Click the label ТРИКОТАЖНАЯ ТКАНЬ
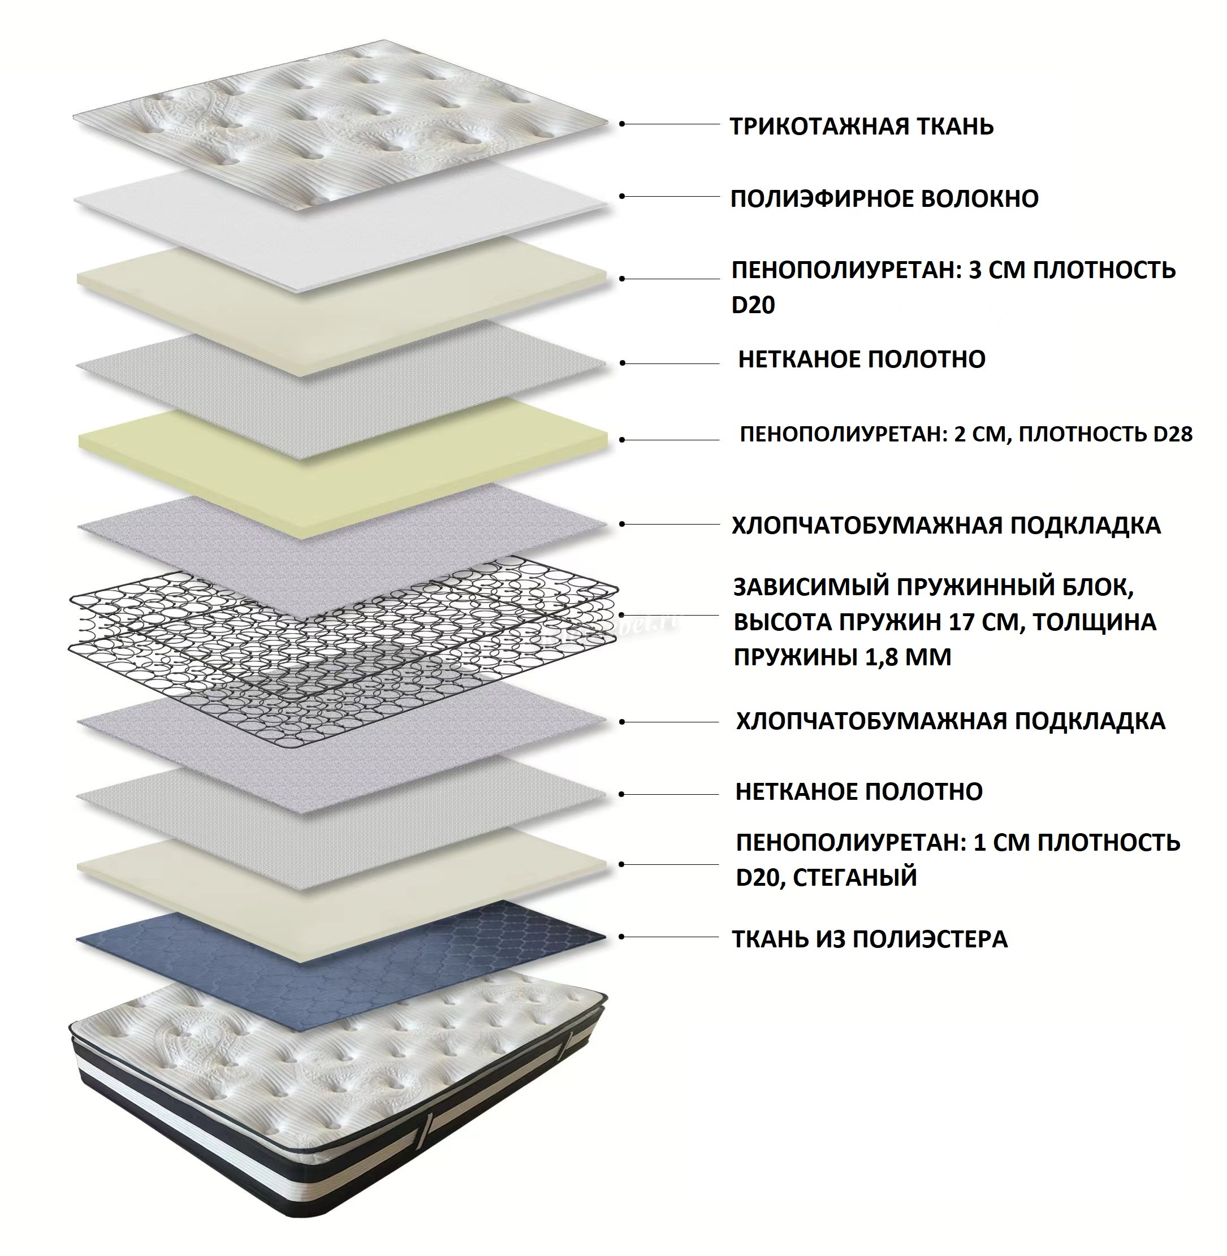coord(862,126)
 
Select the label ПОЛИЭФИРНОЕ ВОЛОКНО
coord(884,198)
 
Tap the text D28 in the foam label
coord(1173,434)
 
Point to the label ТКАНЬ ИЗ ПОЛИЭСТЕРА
coord(869,939)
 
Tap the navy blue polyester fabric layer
coord(341,937)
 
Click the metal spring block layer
coord(343,644)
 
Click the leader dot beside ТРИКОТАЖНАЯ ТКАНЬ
coord(622,124)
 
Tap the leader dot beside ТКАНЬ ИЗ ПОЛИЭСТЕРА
coord(622,937)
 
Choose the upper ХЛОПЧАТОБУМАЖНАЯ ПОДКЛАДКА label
coord(946,526)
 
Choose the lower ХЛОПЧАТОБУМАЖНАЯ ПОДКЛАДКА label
coord(951,721)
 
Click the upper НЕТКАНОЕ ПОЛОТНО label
coord(862,360)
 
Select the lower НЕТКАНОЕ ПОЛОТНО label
coord(859,791)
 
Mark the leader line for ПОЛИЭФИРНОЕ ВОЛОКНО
coord(670,196)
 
